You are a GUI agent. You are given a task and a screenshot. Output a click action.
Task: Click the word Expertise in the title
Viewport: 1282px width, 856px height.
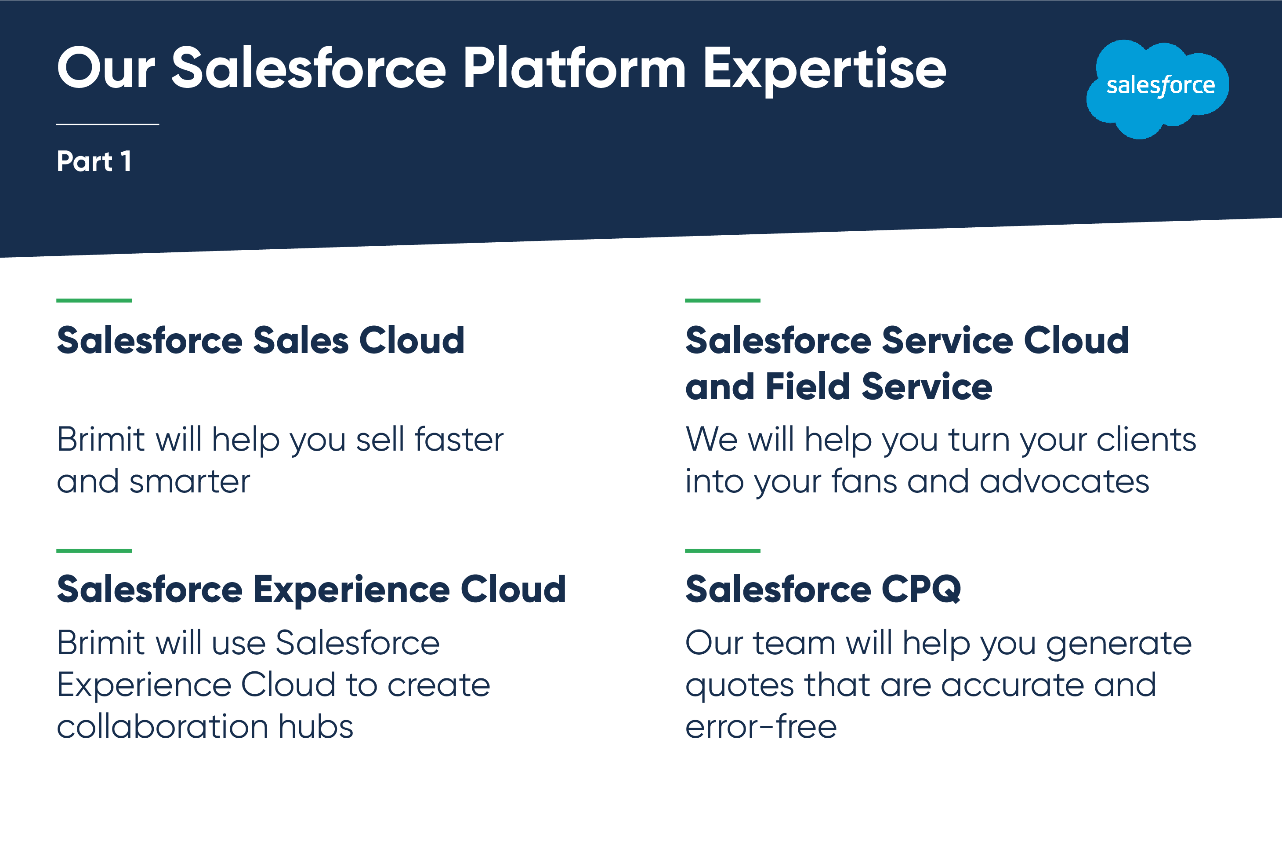click(x=824, y=69)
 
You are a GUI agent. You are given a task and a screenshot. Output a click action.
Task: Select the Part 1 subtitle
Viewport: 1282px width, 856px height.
click(x=94, y=162)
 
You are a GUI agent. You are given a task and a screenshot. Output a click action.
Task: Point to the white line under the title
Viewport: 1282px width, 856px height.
click(x=108, y=124)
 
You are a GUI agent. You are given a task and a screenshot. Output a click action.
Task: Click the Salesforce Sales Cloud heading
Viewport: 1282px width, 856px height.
click(x=261, y=340)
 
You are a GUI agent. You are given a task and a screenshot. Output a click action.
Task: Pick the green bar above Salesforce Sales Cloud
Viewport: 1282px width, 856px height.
click(x=94, y=300)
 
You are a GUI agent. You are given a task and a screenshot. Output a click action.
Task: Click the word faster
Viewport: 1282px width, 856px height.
click(x=459, y=440)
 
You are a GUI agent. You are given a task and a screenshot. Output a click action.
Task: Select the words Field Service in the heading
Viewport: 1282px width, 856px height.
click(x=879, y=386)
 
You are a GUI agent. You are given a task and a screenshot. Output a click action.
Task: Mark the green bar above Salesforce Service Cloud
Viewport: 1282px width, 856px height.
click(x=722, y=300)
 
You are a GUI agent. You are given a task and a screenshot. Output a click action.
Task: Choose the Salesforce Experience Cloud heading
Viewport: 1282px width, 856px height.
click(x=311, y=590)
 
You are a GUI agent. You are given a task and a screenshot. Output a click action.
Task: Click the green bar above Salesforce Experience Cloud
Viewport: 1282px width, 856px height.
click(x=94, y=551)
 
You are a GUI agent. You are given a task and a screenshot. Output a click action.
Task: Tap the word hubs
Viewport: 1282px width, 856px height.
click(x=316, y=727)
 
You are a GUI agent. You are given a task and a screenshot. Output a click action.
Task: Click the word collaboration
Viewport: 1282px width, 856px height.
click(x=163, y=727)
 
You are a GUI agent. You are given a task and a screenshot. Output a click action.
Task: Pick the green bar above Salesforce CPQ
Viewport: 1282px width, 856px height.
click(x=722, y=551)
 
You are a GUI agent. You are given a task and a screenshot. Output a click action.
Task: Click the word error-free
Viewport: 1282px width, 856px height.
click(x=761, y=727)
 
